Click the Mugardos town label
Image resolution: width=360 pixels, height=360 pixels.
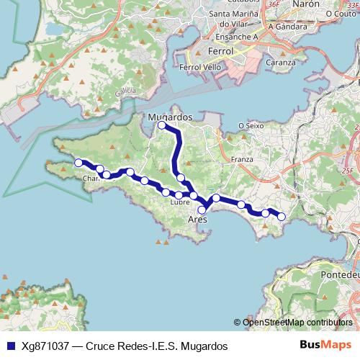[x=169, y=115]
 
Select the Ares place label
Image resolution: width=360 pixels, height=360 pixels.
[x=197, y=219]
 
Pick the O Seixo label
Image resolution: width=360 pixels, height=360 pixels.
[x=251, y=126]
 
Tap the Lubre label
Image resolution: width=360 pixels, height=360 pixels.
[x=180, y=202]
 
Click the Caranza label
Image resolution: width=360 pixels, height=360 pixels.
[x=280, y=62]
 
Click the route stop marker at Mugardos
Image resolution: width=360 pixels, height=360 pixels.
[x=162, y=125]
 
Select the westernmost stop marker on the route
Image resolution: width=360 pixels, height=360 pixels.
[x=78, y=163]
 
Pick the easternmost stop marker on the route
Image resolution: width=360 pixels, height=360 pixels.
[x=282, y=216]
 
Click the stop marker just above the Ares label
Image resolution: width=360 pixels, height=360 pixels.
[x=202, y=210]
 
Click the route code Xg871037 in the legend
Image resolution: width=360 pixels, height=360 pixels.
[x=47, y=346]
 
